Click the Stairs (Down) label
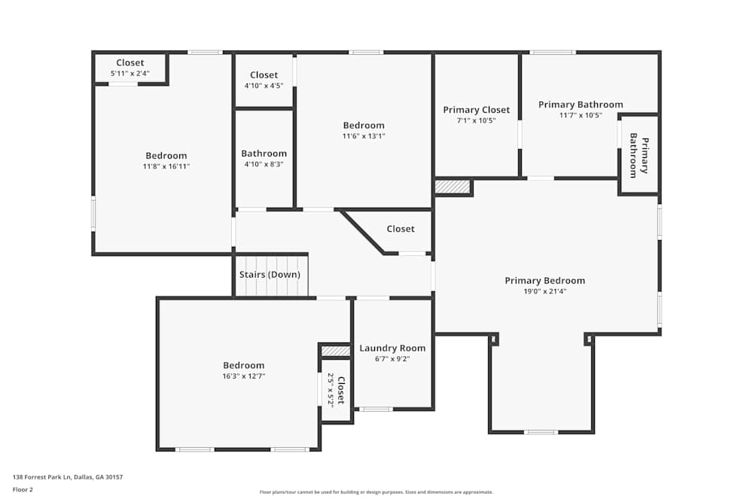tap(270, 275)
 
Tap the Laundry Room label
tap(392, 348)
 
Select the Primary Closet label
tap(477, 110)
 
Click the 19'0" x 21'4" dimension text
tap(545, 291)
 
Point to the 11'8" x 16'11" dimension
tap(166, 166)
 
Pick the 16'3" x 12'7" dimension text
tap(243, 376)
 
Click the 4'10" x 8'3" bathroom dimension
tap(264, 164)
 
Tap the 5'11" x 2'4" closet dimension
tap(130, 74)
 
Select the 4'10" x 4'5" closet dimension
tap(264, 86)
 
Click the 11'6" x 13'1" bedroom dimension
tap(364, 135)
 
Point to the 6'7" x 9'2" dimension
tap(392, 359)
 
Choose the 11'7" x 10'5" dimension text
tap(581, 115)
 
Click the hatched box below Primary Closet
tap(453, 187)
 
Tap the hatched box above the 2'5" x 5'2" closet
tap(336, 351)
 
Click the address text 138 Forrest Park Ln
tap(42, 477)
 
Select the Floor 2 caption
tap(23, 489)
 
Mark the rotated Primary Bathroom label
tap(639, 156)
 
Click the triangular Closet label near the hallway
tap(401, 229)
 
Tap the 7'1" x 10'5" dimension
tap(477, 121)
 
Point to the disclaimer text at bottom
tap(376, 492)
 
